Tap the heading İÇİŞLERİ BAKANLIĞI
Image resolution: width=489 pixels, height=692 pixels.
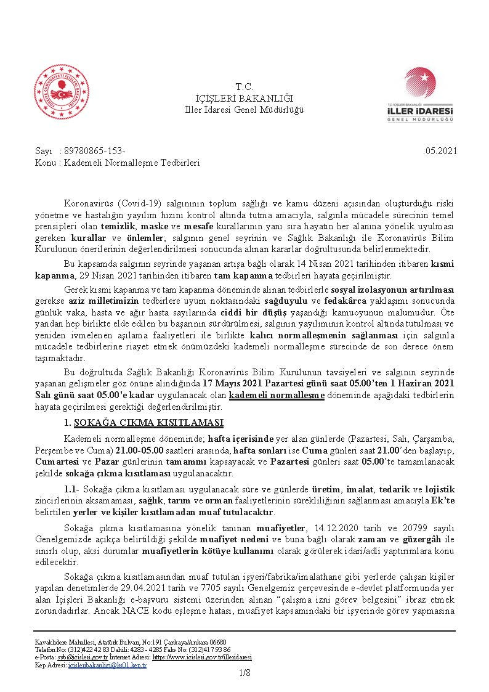[244, 98]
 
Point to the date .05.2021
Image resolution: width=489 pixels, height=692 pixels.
[439, 152]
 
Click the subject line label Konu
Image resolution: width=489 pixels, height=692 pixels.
[45, 163]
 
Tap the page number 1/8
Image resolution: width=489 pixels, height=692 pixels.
[244, 674]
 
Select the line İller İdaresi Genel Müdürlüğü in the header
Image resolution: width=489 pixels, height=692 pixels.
[244, 109]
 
